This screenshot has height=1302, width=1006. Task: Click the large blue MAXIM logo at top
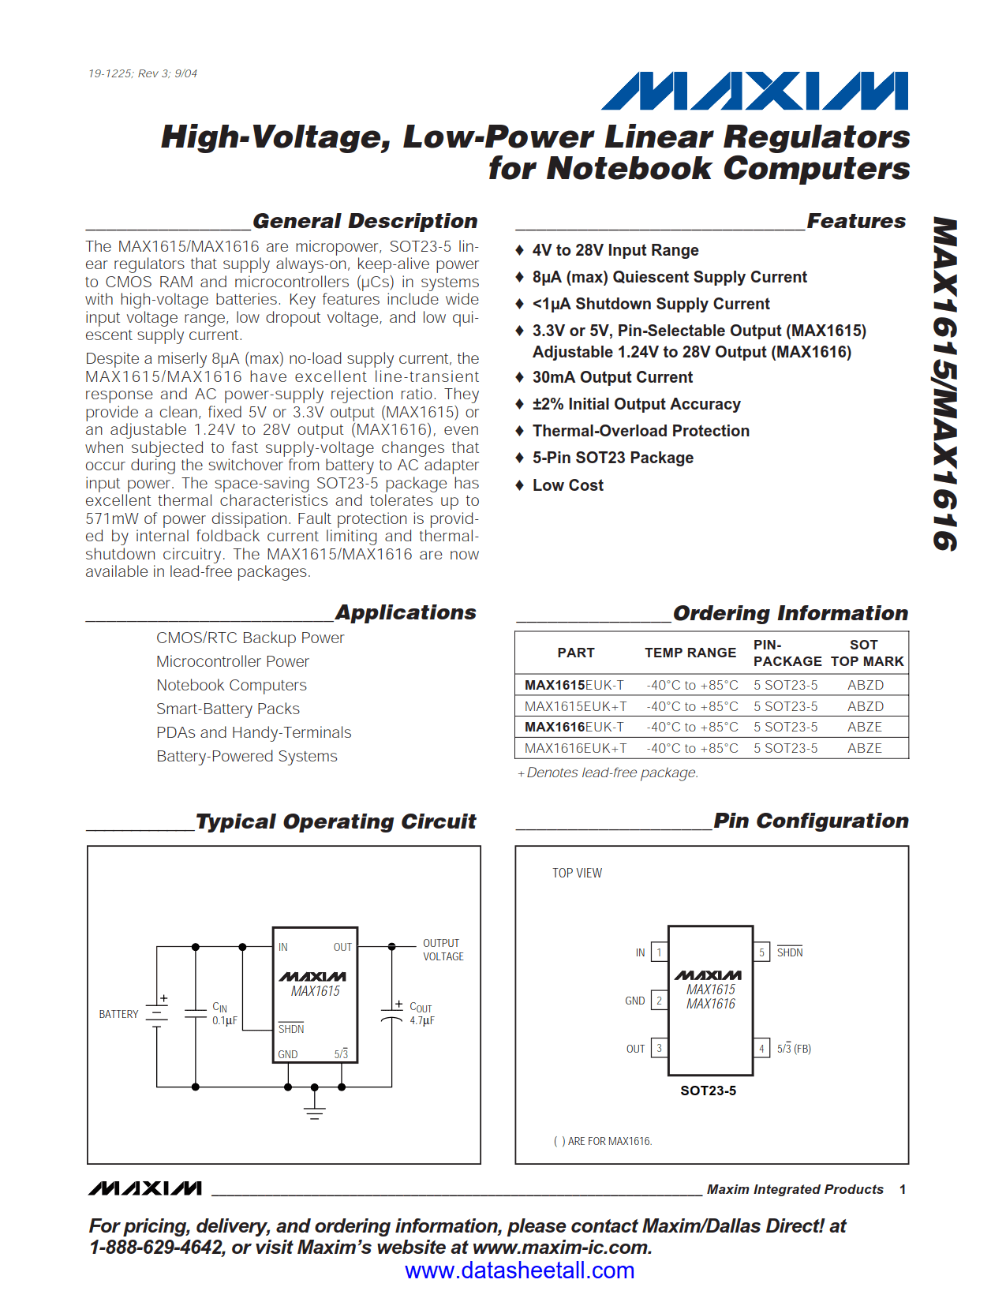[x=754, y=91]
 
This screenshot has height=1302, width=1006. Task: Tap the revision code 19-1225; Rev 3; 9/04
[x=143, y=73]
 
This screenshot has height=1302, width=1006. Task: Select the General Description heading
[x=365, y=221]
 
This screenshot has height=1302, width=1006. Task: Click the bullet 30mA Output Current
[x=612, y=377]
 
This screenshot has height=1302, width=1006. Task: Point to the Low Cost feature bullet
[x=567, y=485]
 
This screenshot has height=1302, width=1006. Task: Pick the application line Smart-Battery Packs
[x=228, y=709]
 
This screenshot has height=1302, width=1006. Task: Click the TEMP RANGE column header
[x=690, y=653]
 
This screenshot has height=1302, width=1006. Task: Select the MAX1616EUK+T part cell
[x=575, y=748]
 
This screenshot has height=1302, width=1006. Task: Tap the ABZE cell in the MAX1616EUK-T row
[x=865, y=727]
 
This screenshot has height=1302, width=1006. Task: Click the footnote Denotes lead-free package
[x=611, y=773]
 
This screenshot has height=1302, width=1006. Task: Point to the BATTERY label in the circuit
[x=118, y=1014]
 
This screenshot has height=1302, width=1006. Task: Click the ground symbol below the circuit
[x=314, y=1112]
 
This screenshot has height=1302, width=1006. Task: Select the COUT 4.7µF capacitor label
[x=421, y=1014]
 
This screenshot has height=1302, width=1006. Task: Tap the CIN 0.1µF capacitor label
[x=224, y=1014]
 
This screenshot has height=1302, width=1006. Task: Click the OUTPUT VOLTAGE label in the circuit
[x=443, y=949]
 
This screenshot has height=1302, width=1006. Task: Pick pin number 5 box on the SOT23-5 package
[x=761, y=952]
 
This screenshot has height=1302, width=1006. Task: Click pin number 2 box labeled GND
[x=660, y=1001]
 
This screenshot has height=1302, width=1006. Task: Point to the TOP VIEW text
[x=577, y=873]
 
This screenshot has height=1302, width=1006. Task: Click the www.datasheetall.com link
[x=519, y=1270]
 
